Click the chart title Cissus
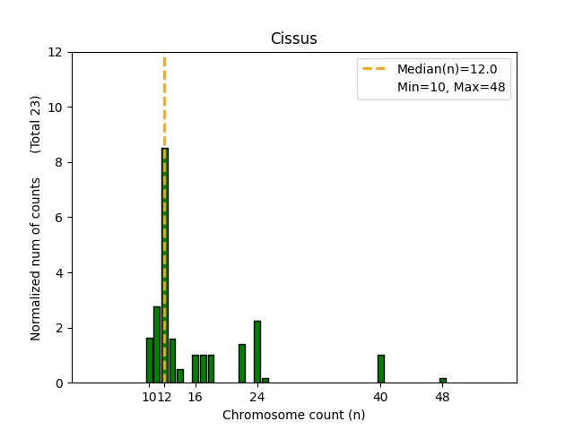[293, 39]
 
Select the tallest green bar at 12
[164, 269]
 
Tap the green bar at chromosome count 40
[380, 369]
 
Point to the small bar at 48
[442, 380]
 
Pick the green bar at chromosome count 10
[149, 360]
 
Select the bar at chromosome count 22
[241, 364]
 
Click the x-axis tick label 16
[195, 397]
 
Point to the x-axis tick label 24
[257, 397]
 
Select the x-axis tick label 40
[380, 397]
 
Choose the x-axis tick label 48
[442, 397]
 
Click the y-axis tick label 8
[59, 162]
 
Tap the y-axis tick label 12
[56, 52]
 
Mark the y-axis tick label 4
[59, 272]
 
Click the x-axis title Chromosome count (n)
[293, 415]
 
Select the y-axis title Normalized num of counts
[36, 258]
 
